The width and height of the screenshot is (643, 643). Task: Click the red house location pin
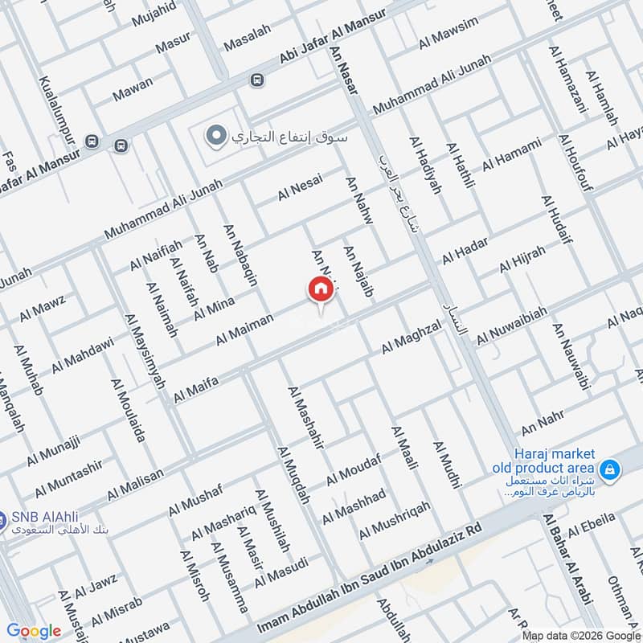[320, 290]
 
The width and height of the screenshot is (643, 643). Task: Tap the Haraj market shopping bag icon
[610, 468]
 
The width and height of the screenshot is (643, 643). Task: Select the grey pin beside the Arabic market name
[214, 136]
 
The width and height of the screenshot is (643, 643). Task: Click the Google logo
[33, 631]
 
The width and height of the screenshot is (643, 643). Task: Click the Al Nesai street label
[301, 189]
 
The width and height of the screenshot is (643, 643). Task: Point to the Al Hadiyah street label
[425, 165]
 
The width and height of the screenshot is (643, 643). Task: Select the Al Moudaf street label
[354, 474]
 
